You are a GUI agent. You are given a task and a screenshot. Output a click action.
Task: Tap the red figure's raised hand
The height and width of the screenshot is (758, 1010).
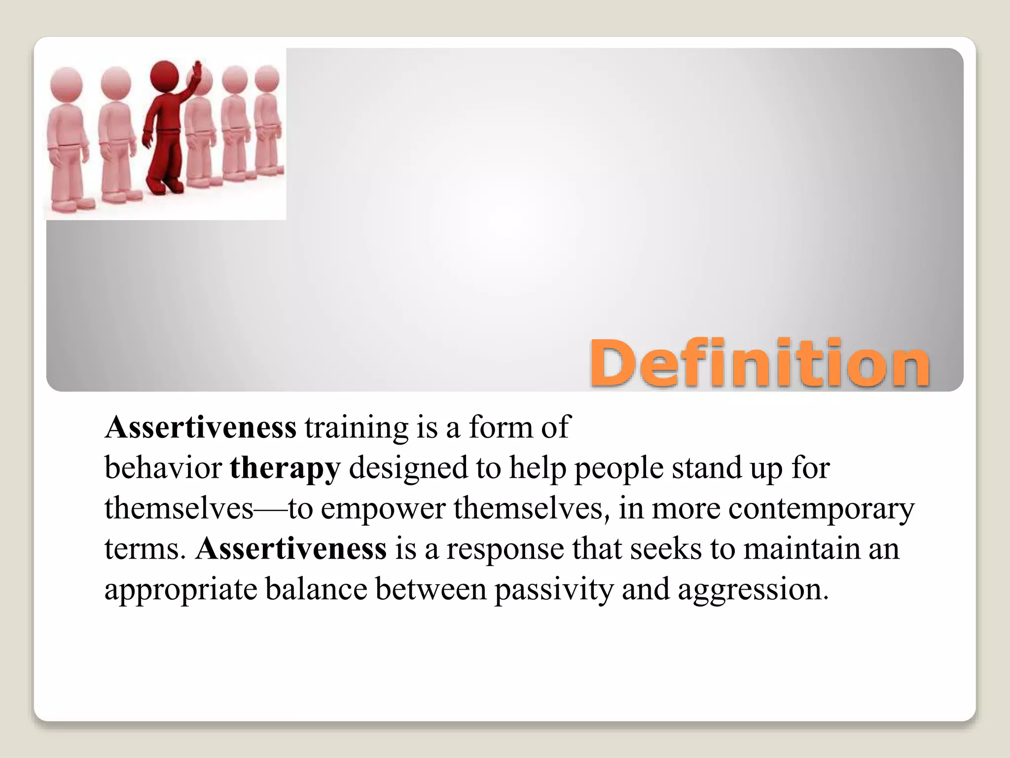[198, 67]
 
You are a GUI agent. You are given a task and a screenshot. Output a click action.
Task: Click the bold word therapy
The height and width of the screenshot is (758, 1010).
[285, 468]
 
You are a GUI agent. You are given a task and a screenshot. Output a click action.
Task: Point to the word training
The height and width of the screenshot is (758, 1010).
[357, 427]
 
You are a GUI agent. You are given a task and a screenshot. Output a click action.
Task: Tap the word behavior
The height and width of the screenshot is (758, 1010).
[163, 468]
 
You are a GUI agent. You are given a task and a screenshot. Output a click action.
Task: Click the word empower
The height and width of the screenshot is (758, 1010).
[383, 508]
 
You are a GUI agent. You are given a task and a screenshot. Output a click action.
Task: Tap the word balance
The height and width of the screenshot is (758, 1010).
[316, 589]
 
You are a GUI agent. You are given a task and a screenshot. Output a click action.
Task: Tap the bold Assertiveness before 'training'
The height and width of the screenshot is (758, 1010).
[201, 427]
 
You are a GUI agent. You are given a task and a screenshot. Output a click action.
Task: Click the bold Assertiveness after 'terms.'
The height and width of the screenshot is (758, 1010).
[291, 549]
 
